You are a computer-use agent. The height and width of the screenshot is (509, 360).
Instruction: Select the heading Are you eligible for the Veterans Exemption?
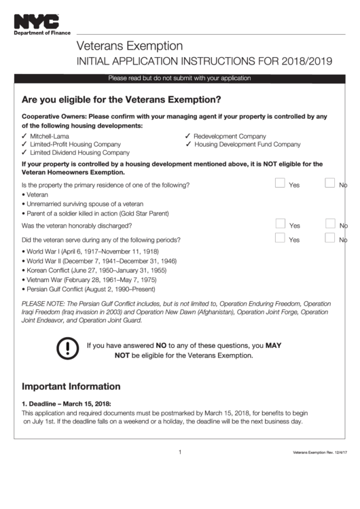122,99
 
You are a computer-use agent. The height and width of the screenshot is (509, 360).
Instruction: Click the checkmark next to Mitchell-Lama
25,137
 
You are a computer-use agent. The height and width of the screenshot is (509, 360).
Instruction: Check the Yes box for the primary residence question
280,183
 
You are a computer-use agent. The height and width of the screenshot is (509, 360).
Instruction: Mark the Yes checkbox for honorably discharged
280,224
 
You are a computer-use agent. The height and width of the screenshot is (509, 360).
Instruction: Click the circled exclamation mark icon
67,349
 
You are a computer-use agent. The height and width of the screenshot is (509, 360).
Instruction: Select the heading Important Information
71,387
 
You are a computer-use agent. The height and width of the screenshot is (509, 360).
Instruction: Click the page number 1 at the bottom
180,453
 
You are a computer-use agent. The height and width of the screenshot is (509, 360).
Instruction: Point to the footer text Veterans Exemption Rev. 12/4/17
321,453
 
